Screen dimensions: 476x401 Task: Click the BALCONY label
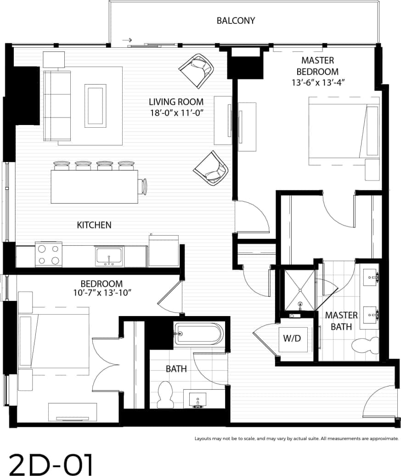[236, 21]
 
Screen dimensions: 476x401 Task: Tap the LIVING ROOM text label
[176, 102]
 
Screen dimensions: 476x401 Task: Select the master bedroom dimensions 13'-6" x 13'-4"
[317, 83]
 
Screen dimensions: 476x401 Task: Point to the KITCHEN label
[94, 225]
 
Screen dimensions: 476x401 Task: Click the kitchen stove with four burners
[49, 255]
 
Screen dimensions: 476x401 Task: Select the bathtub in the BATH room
[198, 334]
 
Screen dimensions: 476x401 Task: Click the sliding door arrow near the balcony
[127, 40]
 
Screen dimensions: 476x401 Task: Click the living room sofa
[57, 106]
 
